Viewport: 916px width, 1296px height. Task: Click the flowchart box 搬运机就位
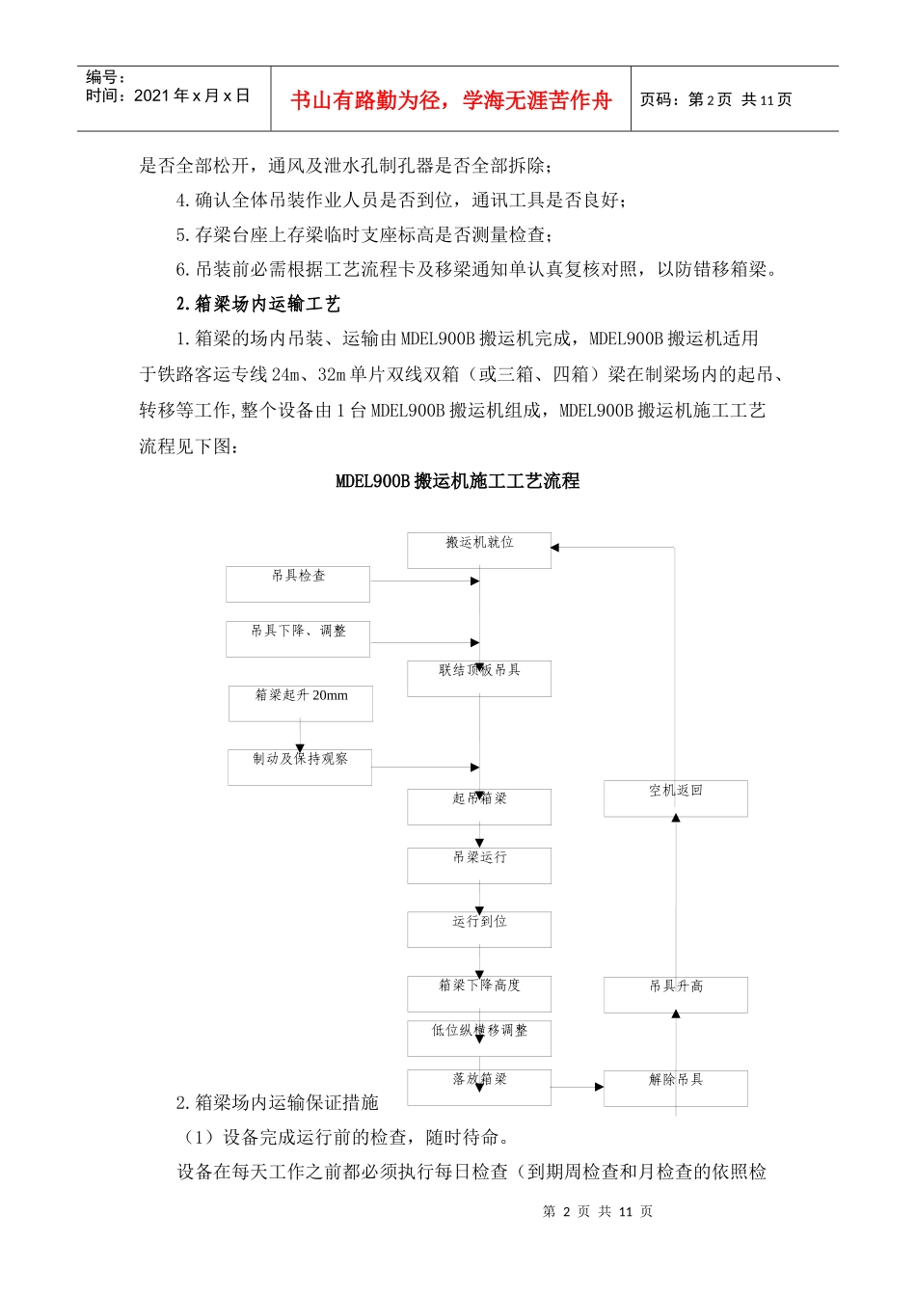click(479, 550)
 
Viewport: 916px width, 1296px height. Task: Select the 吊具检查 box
click(298, 583)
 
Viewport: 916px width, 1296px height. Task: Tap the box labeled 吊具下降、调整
click(298, 638)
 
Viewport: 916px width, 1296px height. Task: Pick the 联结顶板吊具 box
click(479, 678)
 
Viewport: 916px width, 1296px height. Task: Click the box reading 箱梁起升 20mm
click(301, 703)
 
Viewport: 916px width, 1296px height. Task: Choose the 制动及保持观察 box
click(300, 767)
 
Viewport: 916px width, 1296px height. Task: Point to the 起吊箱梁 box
click(479, 806)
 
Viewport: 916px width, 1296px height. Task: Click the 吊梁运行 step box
click(479, 865)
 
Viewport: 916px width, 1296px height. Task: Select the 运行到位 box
click(479, 929)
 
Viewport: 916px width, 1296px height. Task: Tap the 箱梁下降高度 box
click(479, 993)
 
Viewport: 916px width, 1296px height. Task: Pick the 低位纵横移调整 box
click(479, 1038)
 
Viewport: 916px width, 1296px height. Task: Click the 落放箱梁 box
click(479, 1087)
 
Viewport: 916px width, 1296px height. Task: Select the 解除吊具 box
click(676, 1088)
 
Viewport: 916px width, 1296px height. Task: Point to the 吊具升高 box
click(676, 994)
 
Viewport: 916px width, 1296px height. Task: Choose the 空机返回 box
click(676, 798)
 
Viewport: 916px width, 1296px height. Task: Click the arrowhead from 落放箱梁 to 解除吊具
click(599, 1087)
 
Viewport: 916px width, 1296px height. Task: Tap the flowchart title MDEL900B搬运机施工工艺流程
click(457, 481)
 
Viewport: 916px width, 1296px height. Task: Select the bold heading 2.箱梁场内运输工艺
click(258, 305)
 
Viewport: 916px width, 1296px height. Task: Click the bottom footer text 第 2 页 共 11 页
click(598, 1211)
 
